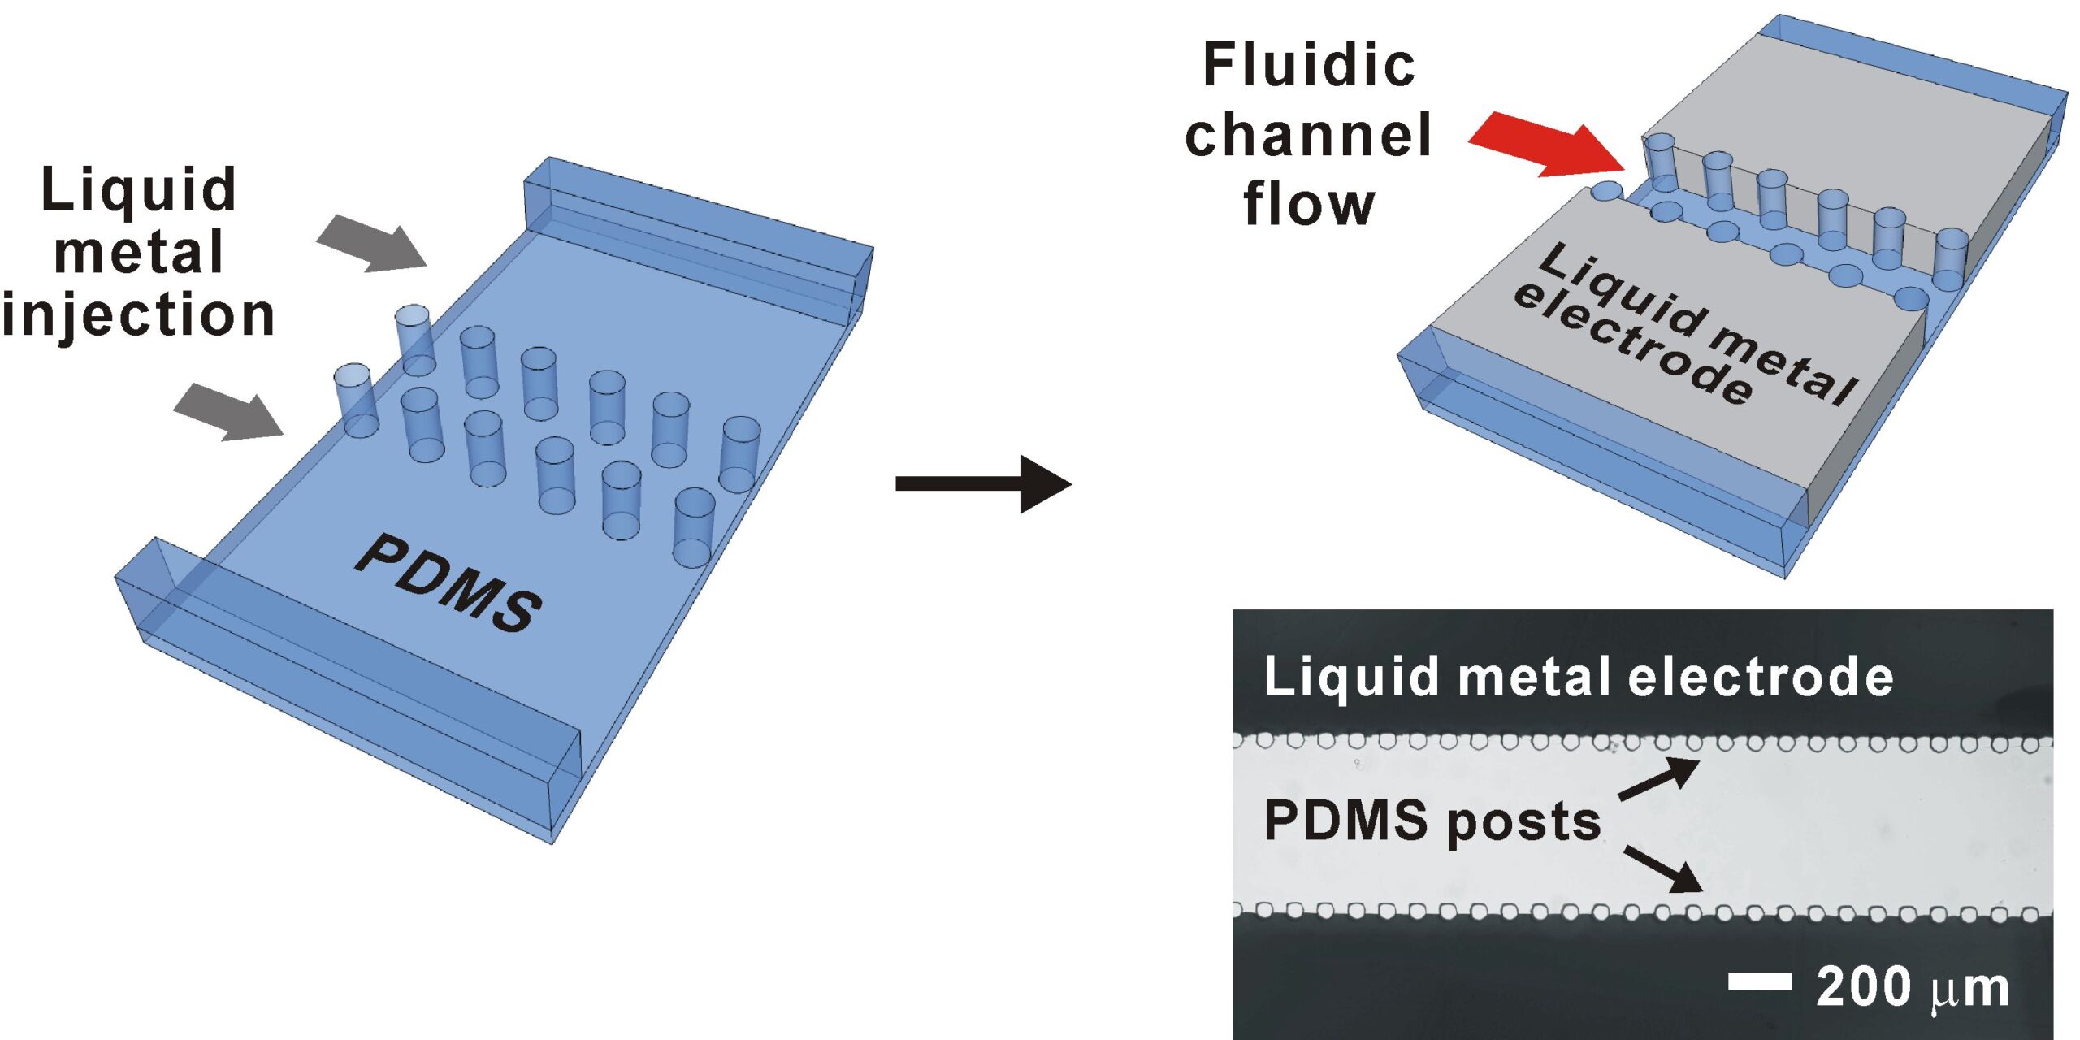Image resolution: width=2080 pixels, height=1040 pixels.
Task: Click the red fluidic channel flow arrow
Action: (x=1548, y=146)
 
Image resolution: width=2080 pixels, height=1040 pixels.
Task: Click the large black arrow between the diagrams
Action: (x=983, y=484)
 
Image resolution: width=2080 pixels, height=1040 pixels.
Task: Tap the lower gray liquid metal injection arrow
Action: (x=230, y=413)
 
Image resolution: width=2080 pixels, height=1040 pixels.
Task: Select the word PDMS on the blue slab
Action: (x=448, y=583)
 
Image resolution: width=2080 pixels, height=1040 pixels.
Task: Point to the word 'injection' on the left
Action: (x=138, y=315)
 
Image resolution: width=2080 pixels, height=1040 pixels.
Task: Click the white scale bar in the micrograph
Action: (x=1760, y=981)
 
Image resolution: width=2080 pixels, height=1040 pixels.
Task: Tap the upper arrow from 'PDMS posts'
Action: (x=1658, y=778)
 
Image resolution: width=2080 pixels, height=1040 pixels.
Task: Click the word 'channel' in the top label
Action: (x=1308, y=135)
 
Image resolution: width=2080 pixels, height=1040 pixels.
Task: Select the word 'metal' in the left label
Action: (x=138, y=252)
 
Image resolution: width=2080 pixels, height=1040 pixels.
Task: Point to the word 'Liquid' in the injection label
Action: (x=138, y=189)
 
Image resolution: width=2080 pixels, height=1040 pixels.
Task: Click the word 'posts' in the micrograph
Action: (x=1523, y=822)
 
